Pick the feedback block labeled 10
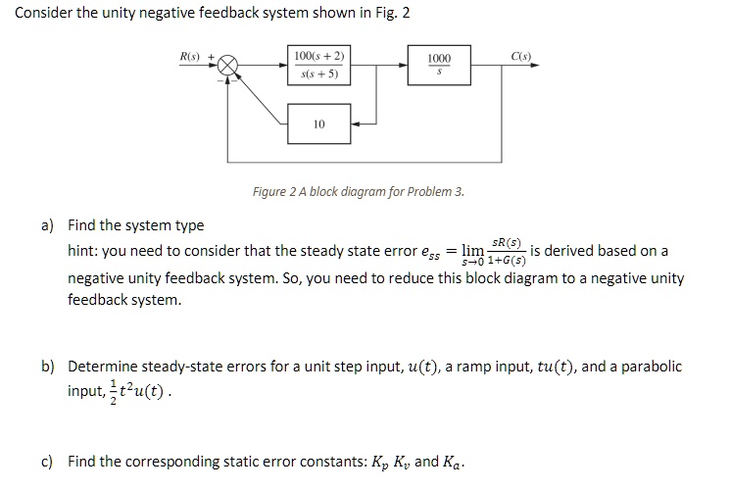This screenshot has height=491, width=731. [318, 124]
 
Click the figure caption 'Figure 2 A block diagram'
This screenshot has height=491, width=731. [358, 191]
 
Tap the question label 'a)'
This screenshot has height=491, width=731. [47, 226]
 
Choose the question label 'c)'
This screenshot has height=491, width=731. [47, 461]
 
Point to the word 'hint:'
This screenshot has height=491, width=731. [84, 252]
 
